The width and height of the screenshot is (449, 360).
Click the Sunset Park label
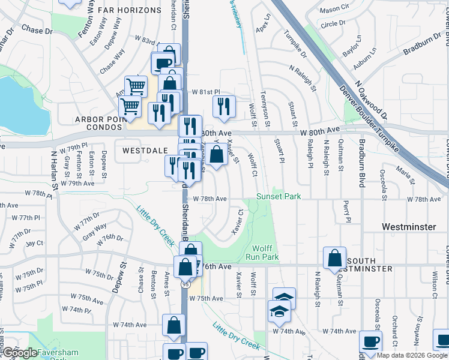278,196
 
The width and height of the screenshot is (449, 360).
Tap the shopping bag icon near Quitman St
334,258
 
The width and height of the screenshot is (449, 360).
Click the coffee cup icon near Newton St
370,341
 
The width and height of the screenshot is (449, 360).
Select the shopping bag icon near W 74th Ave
173,326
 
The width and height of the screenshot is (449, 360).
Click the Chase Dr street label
38,29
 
